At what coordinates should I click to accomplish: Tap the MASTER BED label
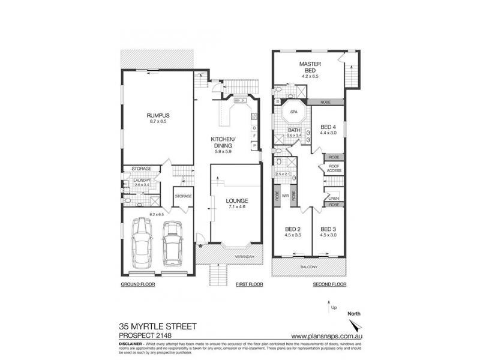coord(311,67)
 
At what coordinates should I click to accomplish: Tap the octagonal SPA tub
coord(294,114)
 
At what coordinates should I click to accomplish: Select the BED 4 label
coord(327,127)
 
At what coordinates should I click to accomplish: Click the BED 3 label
coord(327,229)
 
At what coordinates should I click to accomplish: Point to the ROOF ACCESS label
coord(334,169)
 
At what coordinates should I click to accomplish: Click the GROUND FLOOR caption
coord(138,284)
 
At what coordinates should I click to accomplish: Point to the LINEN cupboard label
coord(334,198)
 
